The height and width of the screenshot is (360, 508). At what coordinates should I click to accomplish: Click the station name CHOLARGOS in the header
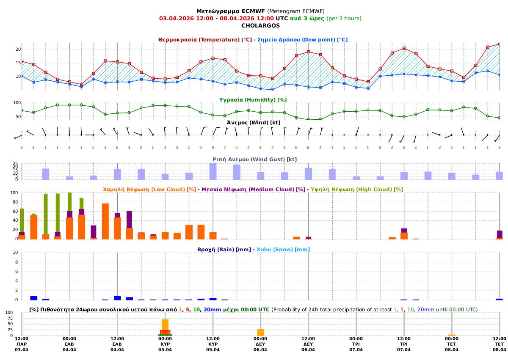(x=260, y=25)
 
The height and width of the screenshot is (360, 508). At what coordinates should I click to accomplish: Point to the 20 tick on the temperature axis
(x=18, y=49)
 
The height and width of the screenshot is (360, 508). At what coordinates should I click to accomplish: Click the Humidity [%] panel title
(x=253, y=100)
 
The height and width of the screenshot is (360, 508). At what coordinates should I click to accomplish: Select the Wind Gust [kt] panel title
(x=254, y=159)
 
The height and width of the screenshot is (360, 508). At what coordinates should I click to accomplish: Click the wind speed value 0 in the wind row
(x=380, y=147)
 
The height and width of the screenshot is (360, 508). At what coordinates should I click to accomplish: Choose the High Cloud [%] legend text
(x=356, y=190)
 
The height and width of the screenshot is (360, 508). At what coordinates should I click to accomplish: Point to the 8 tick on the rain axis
(x=17, y=262)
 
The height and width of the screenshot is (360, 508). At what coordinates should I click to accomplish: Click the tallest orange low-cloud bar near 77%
(x=105, y=221)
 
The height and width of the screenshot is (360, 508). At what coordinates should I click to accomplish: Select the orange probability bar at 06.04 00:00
(x=261, y=333)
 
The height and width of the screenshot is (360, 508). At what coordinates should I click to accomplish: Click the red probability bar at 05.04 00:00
(x=165, y=332)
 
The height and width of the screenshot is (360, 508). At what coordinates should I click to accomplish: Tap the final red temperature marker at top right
(x=500, y=44)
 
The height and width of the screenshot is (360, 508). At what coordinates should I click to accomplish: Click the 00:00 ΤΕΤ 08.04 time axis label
(x=452, y=344)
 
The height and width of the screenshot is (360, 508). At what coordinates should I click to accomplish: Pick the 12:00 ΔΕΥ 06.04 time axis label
(x=308, y=344)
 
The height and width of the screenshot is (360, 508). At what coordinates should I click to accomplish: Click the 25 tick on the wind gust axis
(x=15, y=164)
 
